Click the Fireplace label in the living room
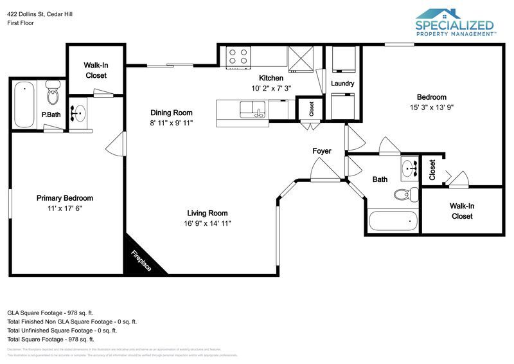click(x=141, y=259)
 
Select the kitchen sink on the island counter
click(x=252, y=109)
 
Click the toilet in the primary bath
click(x=53, y=96)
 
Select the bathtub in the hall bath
click(x=391, y=222)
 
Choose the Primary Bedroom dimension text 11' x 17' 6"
click(x=64, y=208)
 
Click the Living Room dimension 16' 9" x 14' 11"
click(x=208, y=223)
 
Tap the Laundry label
click(x=342, y=84)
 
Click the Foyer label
click(x=322, y=151)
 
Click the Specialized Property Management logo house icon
click(x=438, y=14)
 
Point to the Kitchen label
click(x=271, y=78)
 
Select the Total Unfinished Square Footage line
click(x=62, y=330)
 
